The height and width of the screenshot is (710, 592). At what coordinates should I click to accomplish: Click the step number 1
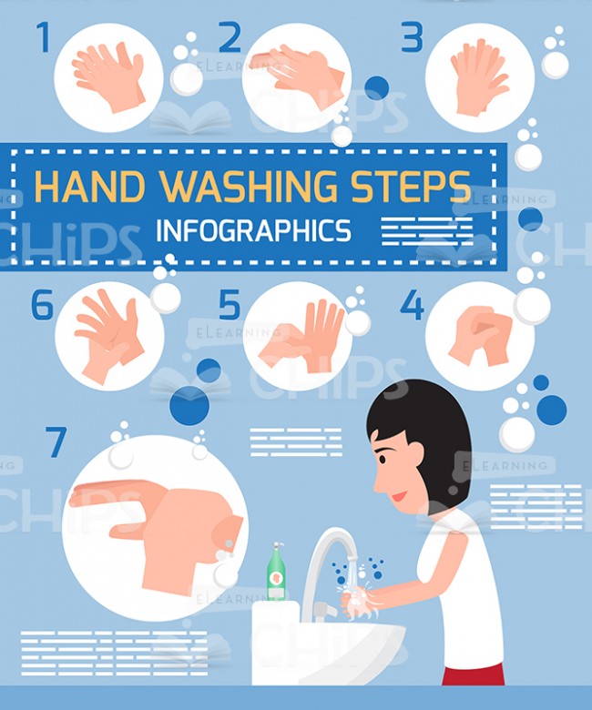[43, 37]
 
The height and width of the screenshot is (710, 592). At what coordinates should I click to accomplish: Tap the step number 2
[230, 37]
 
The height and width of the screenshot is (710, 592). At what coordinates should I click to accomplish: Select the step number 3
[413, 37]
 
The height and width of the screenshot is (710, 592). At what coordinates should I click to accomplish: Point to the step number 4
[412, 305]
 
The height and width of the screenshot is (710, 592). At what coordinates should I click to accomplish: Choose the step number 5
[229, 305]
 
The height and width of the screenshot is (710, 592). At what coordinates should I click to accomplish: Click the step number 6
[43, 305]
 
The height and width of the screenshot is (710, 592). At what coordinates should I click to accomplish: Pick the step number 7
[56, 442]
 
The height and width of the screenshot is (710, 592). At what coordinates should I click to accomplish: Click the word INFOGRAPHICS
[253, 230]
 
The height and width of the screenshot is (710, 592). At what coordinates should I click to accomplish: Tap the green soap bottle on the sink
[276, 574]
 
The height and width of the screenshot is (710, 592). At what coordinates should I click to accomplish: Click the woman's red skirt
[473, 674]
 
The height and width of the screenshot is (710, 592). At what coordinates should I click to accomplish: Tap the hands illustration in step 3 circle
[477, 77]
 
